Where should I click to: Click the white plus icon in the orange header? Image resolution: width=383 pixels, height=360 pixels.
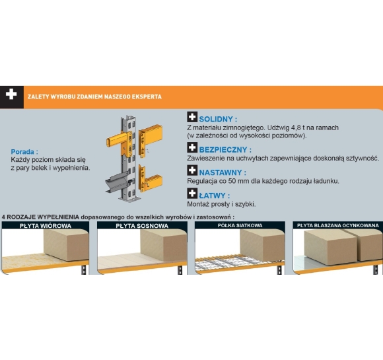point(11,94)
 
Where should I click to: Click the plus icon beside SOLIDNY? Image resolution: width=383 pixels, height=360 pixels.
point(192,117)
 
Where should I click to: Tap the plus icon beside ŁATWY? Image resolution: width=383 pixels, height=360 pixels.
point(192,194)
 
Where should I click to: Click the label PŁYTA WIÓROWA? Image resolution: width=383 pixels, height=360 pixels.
point(46,226)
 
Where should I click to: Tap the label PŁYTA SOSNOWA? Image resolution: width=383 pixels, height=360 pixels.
point(142,226)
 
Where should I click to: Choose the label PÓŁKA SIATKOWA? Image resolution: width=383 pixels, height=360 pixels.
point(240,225)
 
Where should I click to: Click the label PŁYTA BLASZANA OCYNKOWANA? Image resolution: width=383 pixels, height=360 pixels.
point(338,225)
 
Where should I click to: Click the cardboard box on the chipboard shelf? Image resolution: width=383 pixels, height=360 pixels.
point(67,244)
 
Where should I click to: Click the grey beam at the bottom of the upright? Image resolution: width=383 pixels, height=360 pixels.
point(117,182)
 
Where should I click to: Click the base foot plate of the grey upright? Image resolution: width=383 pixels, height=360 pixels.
point(129,198)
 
